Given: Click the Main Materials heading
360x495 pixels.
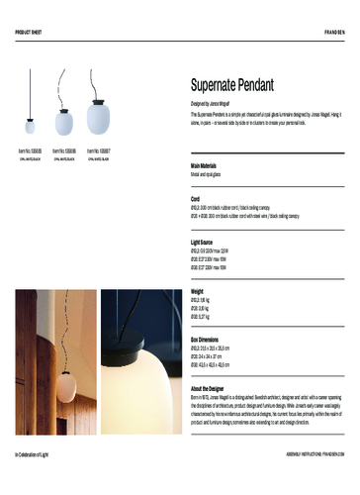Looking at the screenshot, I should click(x=209, y=165).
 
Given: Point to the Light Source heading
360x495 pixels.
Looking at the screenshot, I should click(x=206, y=241).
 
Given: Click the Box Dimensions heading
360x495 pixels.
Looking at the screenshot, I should click(x=210, y=339).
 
